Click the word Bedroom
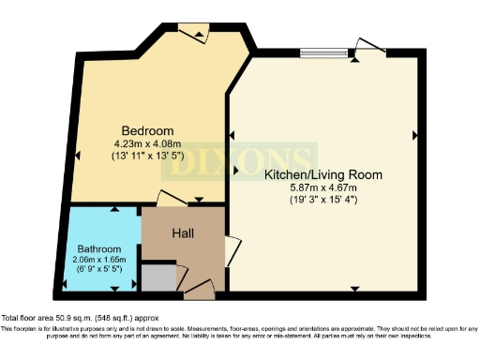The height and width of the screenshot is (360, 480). (142, 129)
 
